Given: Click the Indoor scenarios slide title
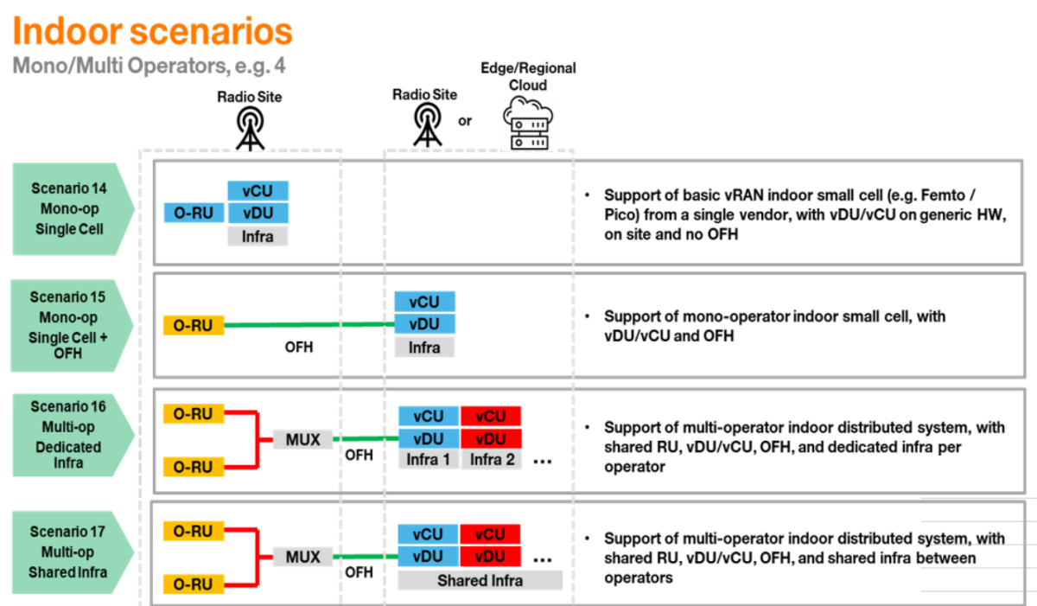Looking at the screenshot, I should pyautogui.click(x=152, y=31).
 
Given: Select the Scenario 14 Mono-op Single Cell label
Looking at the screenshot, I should pyautogui.click(x=70, y=208).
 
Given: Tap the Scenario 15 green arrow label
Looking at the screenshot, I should pyautogui.click(x=70, y=324).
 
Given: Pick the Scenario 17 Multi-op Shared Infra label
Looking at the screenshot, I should pyautogui.click(x=70, y=552).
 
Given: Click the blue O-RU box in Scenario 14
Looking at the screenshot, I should pyautogui.click(x=194, y=213).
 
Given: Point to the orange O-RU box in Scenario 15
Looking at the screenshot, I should pyautogui.click(x=194, y=325).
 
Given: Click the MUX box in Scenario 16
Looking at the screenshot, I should pyautogui.click(x=302, y=439).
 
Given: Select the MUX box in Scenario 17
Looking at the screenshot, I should pyautogui.click(x=302, y=557).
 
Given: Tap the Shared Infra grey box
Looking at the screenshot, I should pyautogui.click(x=480, y=580).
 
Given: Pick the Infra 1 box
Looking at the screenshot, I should pyautogui.click(x=429, y=460).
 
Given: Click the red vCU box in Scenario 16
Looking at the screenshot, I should pyautogui.click(x=490, y=417).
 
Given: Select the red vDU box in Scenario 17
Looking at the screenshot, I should pyautogui.click(x=490, y=556).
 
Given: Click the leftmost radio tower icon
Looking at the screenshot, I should pyautogui.click(x=250, y=128).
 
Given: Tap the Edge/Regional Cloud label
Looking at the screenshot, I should pyautogui.click(x=528, y=76).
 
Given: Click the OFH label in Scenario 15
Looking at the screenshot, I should pyautogui.click(x=299, y=349).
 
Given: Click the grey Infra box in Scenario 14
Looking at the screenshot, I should pyautogui.click(x=258, y=234).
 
